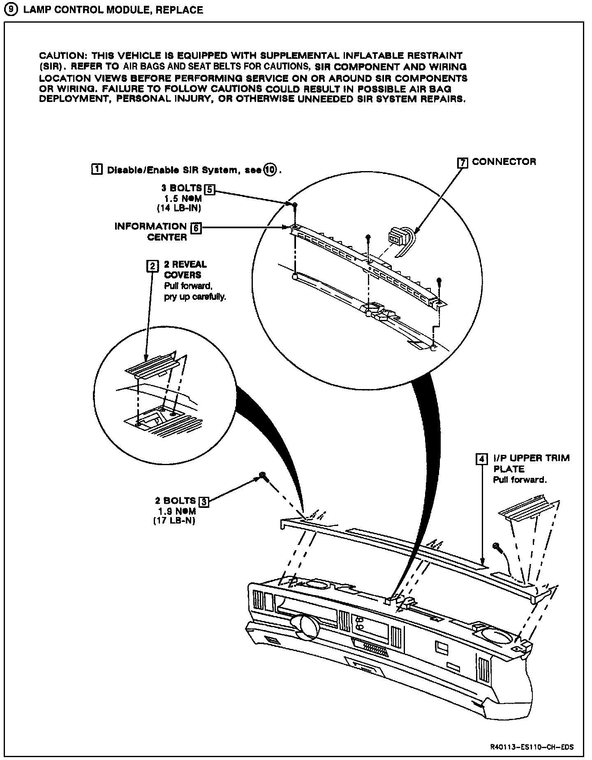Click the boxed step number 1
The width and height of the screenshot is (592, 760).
[x=97, y=169]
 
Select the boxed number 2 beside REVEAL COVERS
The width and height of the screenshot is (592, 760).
[x=152, y=266]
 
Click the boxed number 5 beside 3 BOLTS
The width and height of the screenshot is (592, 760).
[x=210, y=189]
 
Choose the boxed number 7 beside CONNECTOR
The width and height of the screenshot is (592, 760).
[x=463, y=162]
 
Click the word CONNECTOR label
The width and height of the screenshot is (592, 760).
[x=504, y=162]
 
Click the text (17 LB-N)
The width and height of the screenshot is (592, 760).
[x=174, y=521]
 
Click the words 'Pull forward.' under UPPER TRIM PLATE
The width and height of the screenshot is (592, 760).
[x=520, y=480]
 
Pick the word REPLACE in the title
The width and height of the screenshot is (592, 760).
[x=179, y=9]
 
